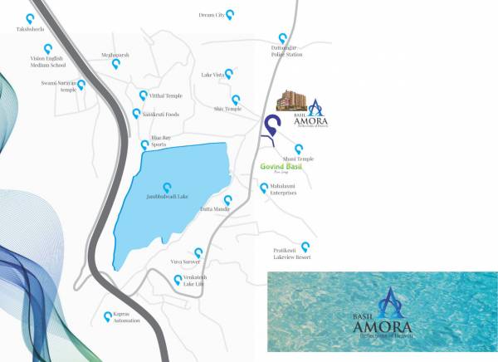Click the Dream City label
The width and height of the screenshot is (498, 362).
coord(212,15)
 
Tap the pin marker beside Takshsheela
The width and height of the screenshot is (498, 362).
coord(30,17)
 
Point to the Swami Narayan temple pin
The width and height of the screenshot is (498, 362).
coord(81,84)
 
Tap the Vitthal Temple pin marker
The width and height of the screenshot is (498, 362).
coord(143,95)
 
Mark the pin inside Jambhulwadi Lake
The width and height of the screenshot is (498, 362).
coord(168,187)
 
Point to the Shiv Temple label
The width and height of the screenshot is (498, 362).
coord(227,109)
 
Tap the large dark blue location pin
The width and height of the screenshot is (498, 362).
coord(271,127)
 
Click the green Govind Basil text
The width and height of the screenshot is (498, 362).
coord(281,166)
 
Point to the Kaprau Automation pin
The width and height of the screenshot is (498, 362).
coord(106,316)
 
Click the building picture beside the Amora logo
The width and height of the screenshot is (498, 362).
coord(291,101)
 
